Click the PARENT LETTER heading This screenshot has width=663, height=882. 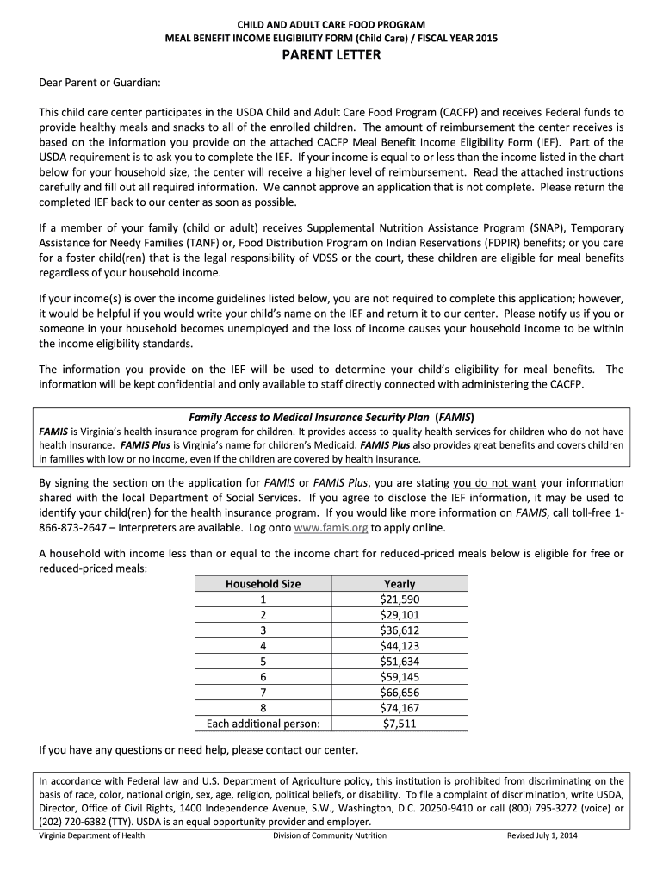pos(331,56)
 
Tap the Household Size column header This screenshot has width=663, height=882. pos(263,583)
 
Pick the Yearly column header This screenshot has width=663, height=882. pos(399,583)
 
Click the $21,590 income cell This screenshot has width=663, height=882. pos(399,599)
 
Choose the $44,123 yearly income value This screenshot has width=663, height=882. pos(399,645)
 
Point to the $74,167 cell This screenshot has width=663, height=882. pos(399,708)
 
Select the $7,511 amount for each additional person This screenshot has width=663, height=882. pos(399,724)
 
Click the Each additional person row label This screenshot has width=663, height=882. pos(263,724)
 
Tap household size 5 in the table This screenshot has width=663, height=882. pos(263,661)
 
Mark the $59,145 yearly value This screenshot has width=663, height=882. pos(399,677)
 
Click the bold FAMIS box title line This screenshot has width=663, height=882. pos(331,416)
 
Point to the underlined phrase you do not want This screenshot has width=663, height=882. pos(494,483)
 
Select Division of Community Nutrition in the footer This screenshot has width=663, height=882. pos(330,835)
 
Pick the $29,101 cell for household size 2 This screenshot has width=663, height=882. pos(399,614)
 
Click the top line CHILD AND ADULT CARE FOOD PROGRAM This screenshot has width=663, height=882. pos(331,24)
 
